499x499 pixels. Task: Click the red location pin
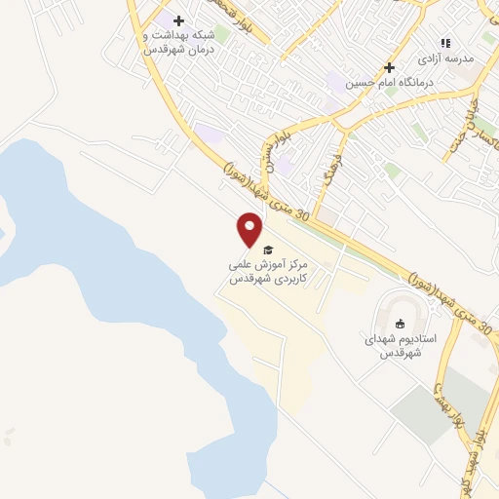[250, 229]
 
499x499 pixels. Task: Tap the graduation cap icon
[268, 249]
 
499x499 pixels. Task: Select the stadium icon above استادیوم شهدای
[399, 325]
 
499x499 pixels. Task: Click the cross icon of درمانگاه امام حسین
[389, 67]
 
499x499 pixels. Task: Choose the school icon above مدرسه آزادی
[445, 43]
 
